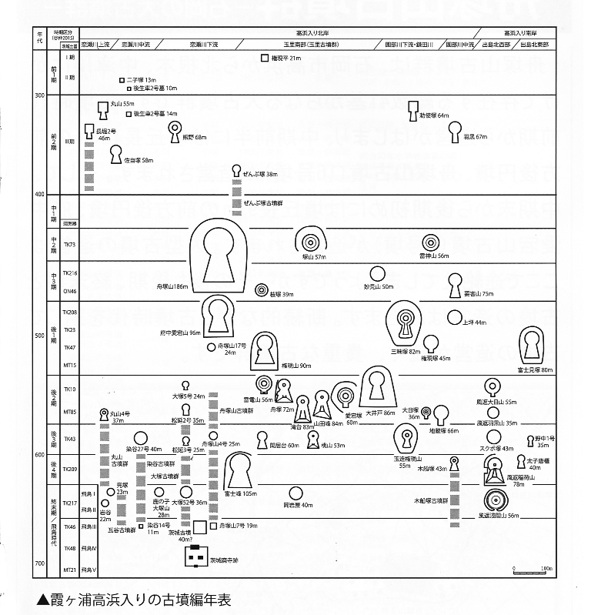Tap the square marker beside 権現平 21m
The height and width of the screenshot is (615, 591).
pos(264,58)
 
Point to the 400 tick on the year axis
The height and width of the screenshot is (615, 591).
pos(38,195)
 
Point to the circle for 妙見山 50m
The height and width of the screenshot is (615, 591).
pos(377,273)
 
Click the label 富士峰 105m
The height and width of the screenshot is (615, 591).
pos(239,493)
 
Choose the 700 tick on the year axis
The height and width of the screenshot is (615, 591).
pos(38,564)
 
